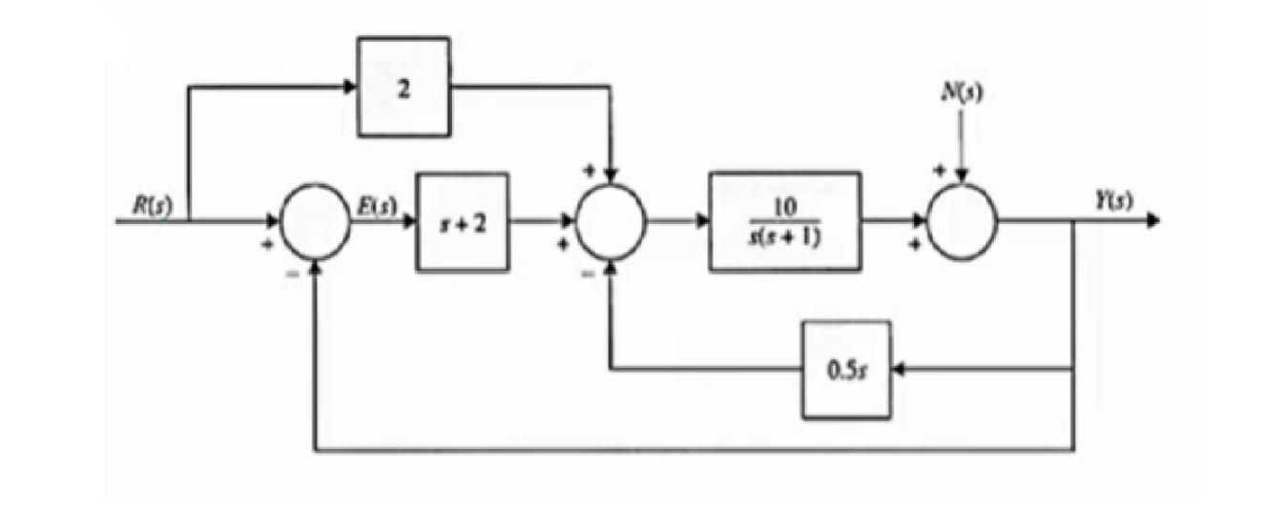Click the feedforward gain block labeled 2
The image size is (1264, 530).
click(x=403, y=86)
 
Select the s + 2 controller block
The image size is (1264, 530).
click(x=462, y=221)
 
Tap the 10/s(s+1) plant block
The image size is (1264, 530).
click(x=784, y=221)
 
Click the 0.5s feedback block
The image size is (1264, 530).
click(x=846, y=369)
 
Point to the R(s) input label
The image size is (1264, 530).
click(x=152, y=206)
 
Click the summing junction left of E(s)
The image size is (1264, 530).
click(x=315, y=225)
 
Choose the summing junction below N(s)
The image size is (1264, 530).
click(x=962, y=222)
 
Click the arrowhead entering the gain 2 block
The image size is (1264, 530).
click(x=350, y=87)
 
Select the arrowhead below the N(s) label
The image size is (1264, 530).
click(x=962, y=173)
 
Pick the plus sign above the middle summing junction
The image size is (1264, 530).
click(x=589, y=172)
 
